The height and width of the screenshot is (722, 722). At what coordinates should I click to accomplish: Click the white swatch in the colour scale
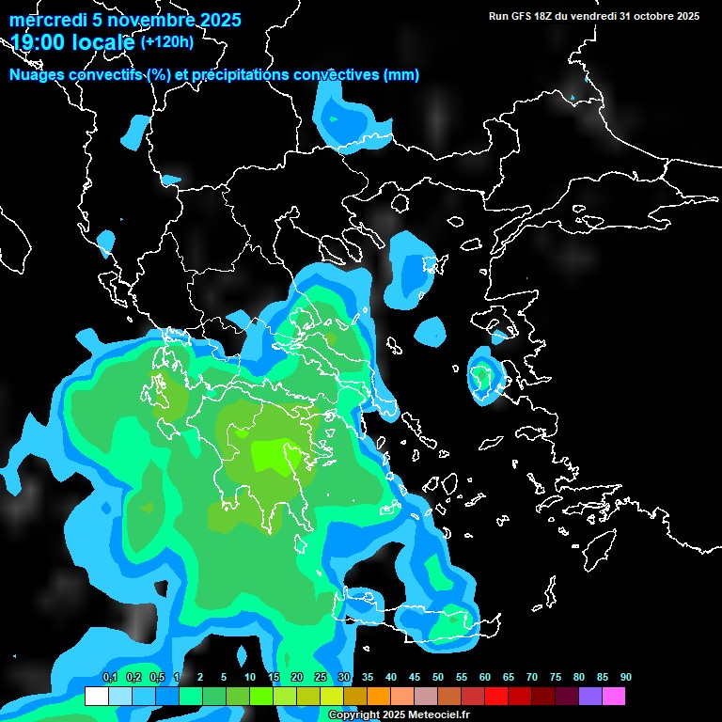click(x=96, y=697)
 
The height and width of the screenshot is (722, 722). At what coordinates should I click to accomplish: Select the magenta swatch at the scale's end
click(x=614, y=697)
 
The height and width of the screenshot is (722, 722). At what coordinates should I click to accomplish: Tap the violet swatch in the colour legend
click(x=590, y=697)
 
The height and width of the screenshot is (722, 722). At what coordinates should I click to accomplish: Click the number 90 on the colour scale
click(x=626, y=678)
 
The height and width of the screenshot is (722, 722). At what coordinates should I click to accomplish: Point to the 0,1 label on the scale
click(x=110, y=678)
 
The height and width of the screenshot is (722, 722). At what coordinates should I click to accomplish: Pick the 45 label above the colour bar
click(x=415, y=678)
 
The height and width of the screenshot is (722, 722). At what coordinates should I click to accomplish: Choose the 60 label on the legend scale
click(x=485, y=678)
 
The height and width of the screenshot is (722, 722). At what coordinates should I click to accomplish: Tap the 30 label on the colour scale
click(x=344, y=678)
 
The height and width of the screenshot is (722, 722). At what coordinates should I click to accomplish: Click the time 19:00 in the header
click(x=37, y=41)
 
